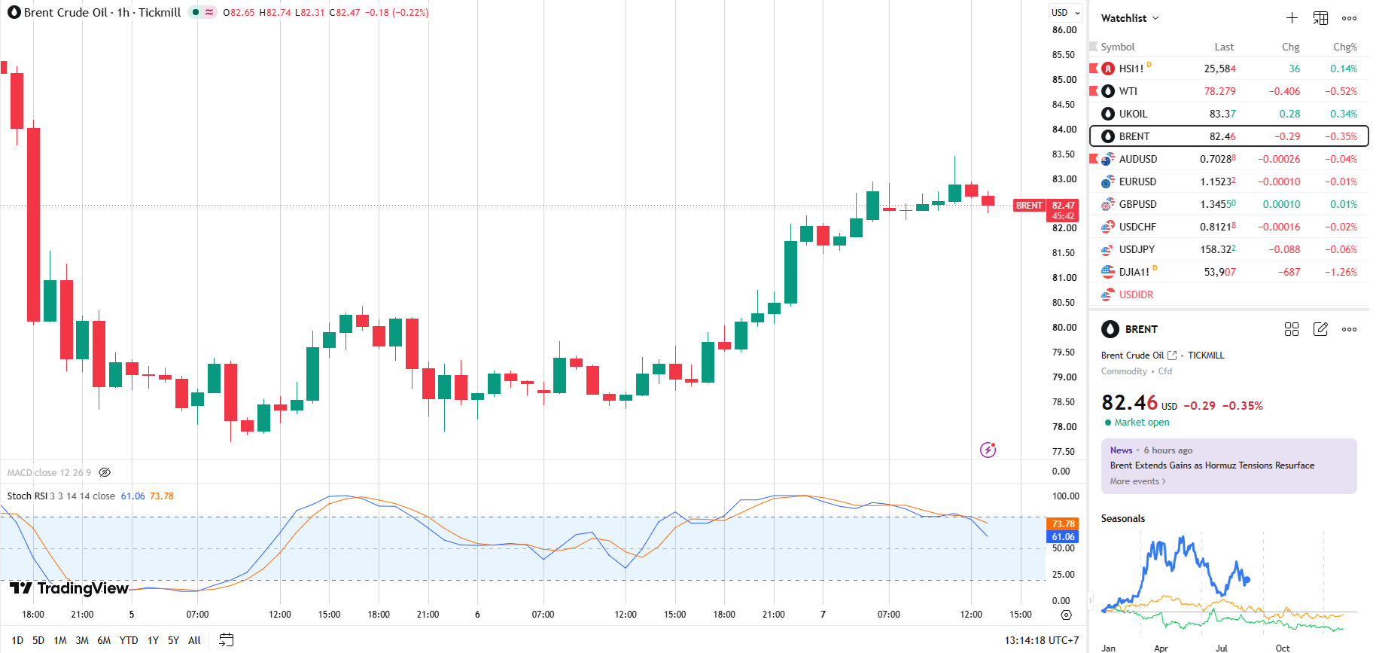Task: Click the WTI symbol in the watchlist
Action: tap(1128, 91)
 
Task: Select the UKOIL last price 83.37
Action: tap(1222, 114)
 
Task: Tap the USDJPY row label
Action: tap(1137, 249)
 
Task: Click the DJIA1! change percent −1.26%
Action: tap(1341, 272)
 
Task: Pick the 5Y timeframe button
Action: tap(173, 640)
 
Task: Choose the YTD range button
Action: tap(129, 640)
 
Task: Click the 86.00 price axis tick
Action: tap(1064, 30)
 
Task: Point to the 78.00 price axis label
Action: tap(1064, 427)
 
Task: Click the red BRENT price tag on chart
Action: tap(1029, 206)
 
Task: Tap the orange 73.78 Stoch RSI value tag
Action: tap(1063, 524)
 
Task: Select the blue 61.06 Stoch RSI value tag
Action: tap(1063, 537)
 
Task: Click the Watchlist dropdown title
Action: tap(1130, 18)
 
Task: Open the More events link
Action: tap(1137, 481)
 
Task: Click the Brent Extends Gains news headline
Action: tap(1212, 465)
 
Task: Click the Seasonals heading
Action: tap(1123, 518)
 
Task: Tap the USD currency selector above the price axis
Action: tap(1066, 12)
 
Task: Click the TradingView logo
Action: tap(69, 588)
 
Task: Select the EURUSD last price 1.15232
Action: tap(1218, 182)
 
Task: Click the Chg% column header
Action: tap(1345, 47)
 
